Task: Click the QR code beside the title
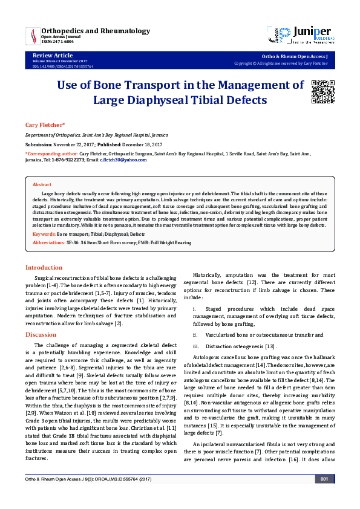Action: pos(322,90)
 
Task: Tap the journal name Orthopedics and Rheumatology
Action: pos(96,30)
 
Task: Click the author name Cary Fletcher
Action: pos(45,125)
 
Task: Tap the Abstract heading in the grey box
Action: pos(42,184)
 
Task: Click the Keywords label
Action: pos(44,233)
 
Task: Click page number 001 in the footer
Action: pos(324,496)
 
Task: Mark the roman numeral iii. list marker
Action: pos(197,346)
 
